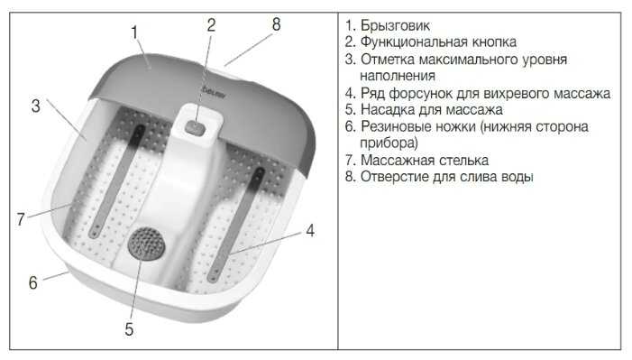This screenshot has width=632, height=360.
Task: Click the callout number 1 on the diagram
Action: (134, 32)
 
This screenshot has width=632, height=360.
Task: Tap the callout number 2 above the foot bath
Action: (211, 25)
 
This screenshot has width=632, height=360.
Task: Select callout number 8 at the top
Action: (276, 24)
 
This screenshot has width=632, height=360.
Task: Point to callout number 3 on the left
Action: (36, 106)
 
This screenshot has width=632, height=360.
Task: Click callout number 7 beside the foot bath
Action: (21, 219)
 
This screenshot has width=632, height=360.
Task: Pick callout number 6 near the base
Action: (33, 282)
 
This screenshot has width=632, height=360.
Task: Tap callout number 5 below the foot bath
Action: (129, 329)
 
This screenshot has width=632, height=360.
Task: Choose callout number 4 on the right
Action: (310, 230)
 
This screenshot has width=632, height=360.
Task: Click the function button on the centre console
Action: (196, 129)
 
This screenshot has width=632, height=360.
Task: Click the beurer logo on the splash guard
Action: (213, 92)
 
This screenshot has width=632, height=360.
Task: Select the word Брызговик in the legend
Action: (395, 26)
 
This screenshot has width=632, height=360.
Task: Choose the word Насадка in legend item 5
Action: (388, 109)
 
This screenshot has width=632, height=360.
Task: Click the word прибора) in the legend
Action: (389, 143)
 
